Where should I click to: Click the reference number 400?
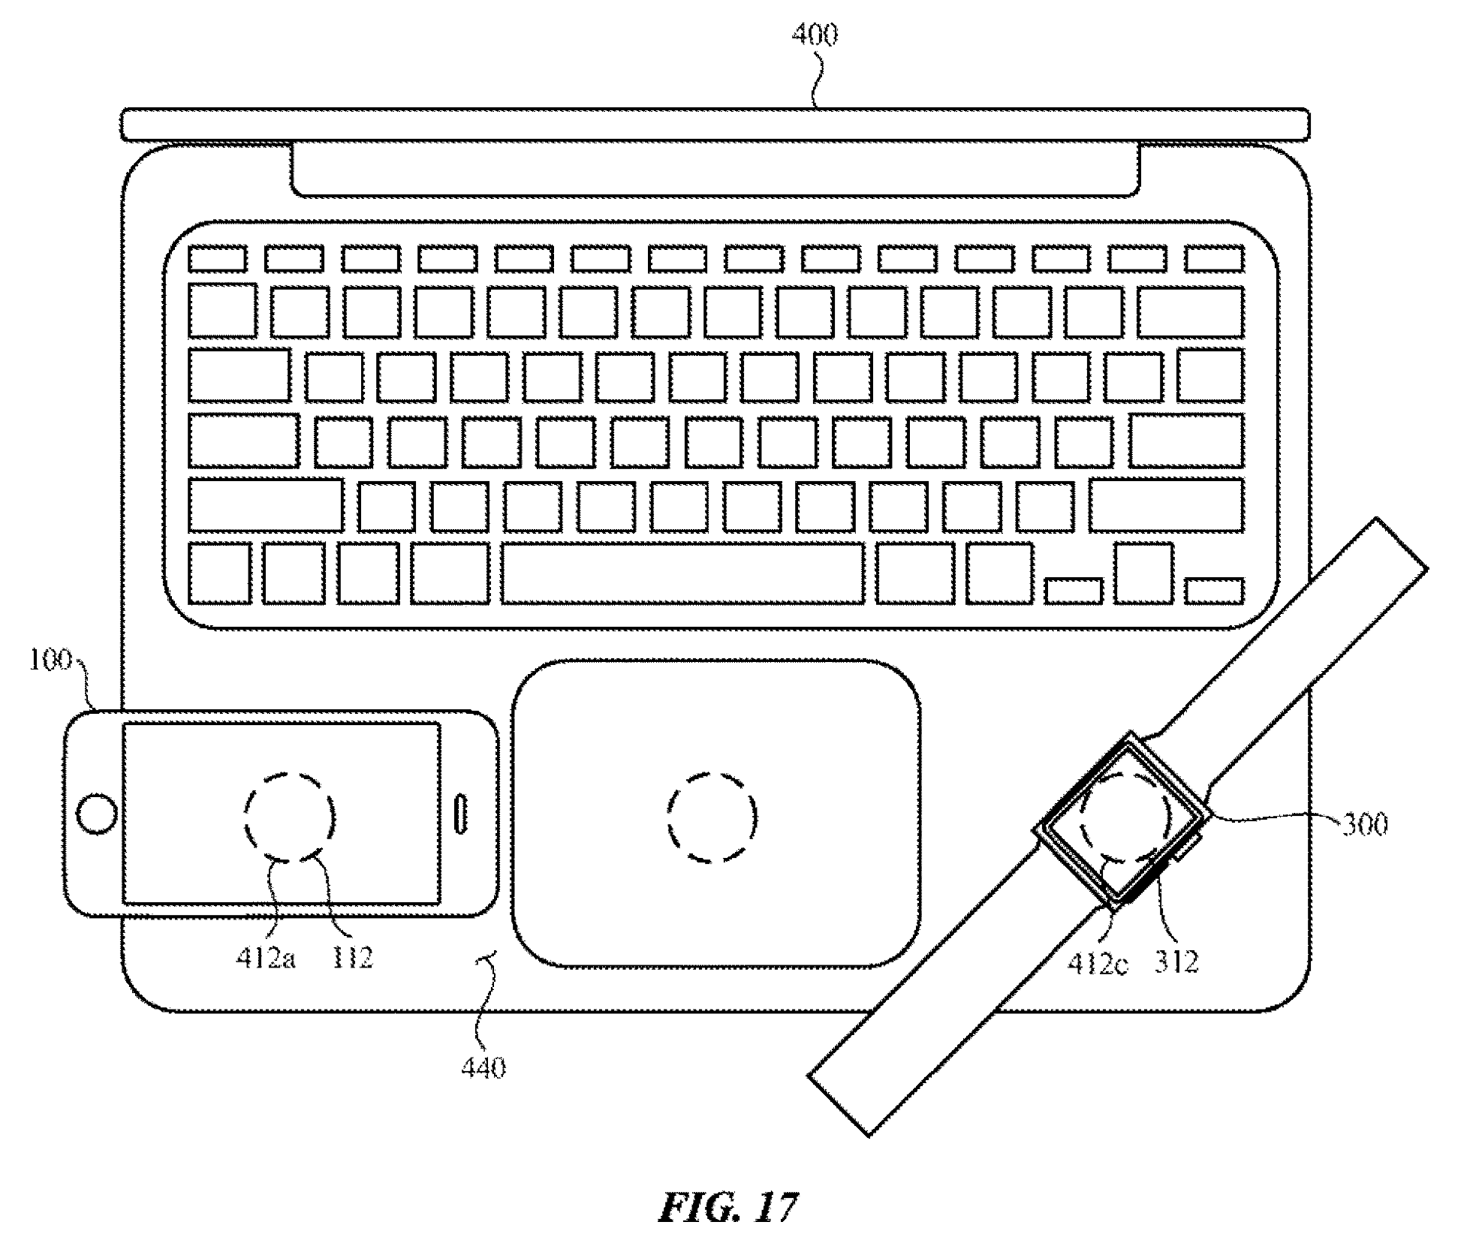(815, 35)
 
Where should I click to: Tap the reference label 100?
(50, 660)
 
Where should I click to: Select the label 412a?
(265, 959)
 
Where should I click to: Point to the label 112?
(352, 958)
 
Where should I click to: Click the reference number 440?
(483, 1067)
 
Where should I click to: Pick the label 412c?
(1097, 963)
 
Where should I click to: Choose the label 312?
(1176, 962)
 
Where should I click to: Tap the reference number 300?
(1364, 825)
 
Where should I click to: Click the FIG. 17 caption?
(728, 1208)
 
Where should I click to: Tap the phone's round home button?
(97, 814)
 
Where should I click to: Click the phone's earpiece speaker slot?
(461, 814)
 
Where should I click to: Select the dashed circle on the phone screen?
(289, 817)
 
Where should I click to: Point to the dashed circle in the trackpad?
(712, 817)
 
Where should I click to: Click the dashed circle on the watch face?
(1124, 817)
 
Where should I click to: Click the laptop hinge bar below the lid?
(715, 169)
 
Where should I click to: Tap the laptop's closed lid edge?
(715, 125)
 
